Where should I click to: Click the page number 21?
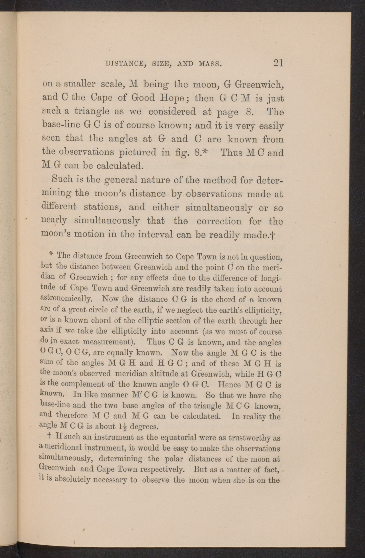[x=278, y=63]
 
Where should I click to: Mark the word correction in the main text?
[x=219, y=221]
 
